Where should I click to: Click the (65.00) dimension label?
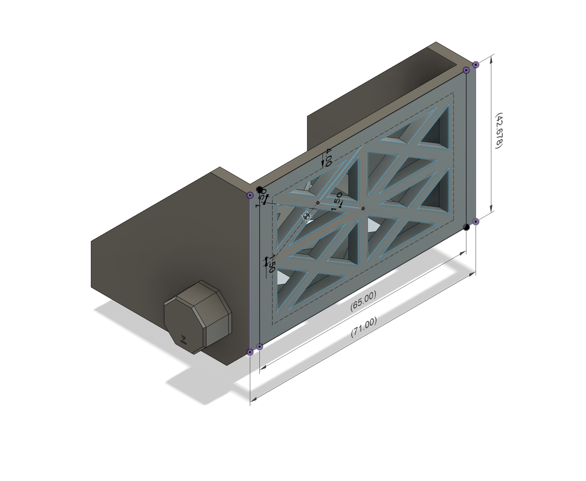363,300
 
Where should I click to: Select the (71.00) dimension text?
364,327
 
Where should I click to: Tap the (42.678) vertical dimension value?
499,130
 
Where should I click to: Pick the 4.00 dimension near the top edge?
328,157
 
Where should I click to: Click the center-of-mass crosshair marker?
307,217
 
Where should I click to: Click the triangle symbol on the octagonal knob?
183,336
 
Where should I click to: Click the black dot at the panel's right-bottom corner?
466,227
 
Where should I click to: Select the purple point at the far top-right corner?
476,65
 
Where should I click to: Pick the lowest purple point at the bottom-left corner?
250,352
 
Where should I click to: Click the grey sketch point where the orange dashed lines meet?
363,209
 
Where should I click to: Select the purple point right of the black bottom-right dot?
476,222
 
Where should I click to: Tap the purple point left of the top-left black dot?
250,195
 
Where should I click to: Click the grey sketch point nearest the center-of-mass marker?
318,203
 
